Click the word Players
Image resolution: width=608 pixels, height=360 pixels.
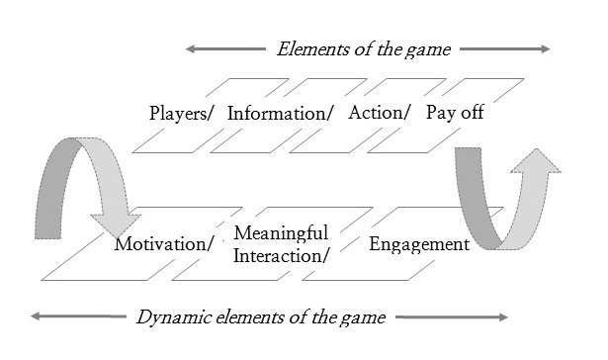click(178, 114)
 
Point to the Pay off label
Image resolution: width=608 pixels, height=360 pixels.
click(455, 113)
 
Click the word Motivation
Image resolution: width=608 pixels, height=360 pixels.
click(160, 244)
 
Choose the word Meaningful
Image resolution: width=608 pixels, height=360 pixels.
click(281, 233)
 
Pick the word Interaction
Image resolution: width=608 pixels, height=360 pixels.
click(278, 256)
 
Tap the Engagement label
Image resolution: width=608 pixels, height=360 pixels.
click(419, 244)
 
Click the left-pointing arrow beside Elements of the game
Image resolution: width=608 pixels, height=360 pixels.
click(225, 48)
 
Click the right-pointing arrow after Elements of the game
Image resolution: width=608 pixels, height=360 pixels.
click(505, 48)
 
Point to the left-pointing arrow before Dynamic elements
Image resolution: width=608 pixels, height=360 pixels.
click(78, 316)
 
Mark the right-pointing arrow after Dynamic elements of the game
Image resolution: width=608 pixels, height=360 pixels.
click(452, 316)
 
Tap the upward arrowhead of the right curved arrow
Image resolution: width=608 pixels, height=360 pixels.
click(536, 160)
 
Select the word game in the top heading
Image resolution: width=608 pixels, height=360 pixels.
click(428, 50)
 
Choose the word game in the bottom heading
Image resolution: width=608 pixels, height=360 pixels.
click(363, 318)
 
